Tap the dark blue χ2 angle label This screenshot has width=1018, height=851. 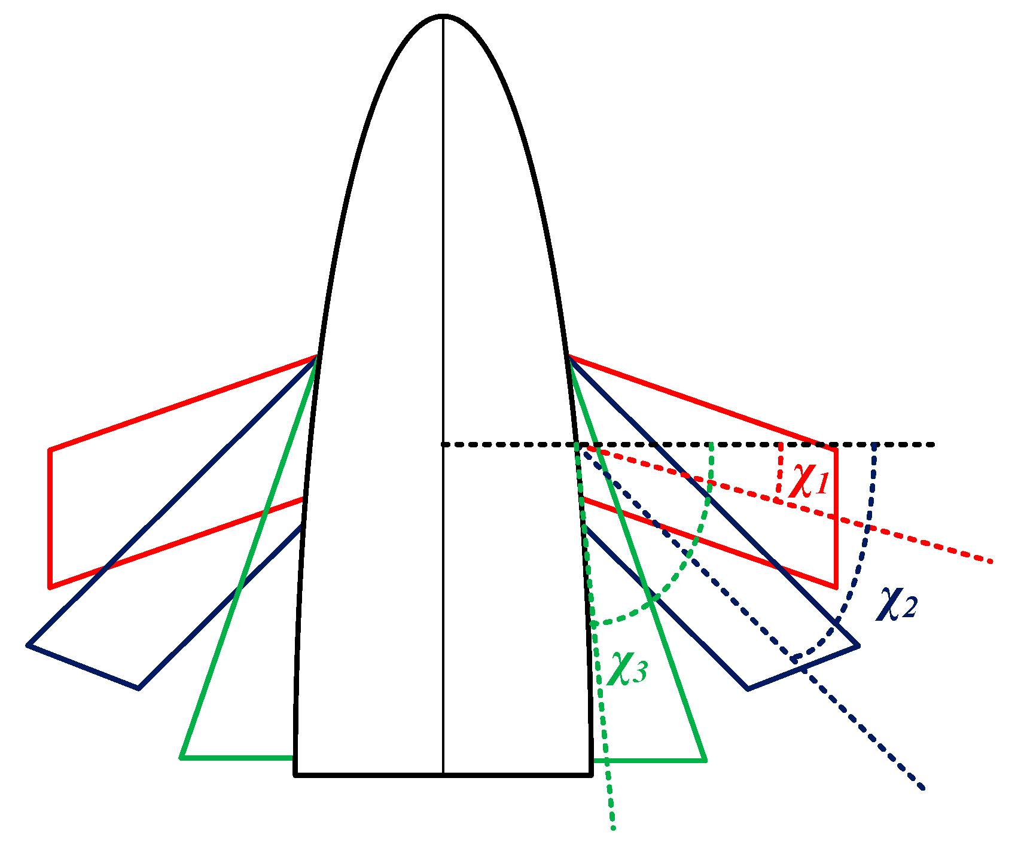tap(897, 604)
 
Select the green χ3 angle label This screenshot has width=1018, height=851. tap(627, 667)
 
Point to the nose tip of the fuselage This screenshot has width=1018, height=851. tap(443, 16)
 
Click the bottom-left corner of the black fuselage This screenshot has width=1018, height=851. tap(295, 774)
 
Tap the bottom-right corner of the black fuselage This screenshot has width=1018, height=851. tap(591, 774)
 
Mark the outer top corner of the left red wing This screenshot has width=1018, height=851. tap(50, 449)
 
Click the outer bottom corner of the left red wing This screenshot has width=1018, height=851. tap(50, 587)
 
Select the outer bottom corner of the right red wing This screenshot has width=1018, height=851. tap(835, 587)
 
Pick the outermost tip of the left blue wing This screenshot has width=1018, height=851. tap(28, 645)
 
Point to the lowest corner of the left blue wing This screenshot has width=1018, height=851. tap(138, 688)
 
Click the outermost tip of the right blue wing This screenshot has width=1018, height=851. tap(858, 645)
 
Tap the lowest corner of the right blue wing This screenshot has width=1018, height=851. tap(748, 688)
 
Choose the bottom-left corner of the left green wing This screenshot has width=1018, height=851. tap(182, 758)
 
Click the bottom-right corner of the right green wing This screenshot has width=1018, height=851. tap(705, 760)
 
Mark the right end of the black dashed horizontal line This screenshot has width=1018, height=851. tap(933, 444)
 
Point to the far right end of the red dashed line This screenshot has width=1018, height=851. tap(991, 561)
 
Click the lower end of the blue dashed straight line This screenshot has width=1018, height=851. tap(924, 789)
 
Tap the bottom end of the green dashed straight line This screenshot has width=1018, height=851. tap(613, 828)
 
